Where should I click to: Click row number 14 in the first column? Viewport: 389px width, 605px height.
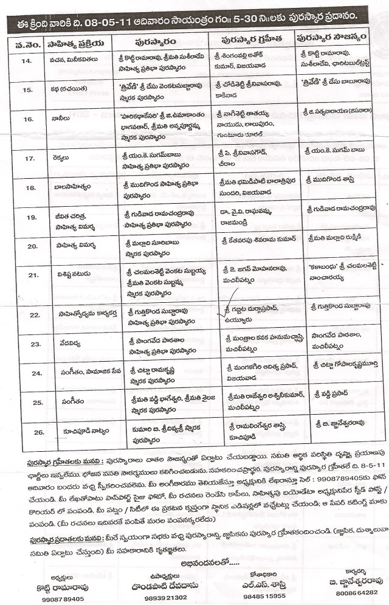[27, 61]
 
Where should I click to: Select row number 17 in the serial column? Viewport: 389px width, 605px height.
[26, 157]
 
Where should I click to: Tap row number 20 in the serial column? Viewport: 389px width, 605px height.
[26, 246]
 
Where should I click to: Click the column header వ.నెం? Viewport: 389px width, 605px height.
[27, 43]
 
